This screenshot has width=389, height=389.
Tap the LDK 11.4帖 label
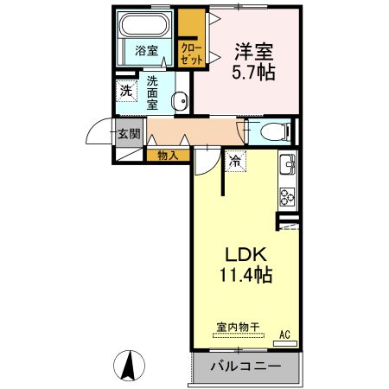(248, 265)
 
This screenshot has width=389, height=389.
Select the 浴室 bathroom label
(146, 51)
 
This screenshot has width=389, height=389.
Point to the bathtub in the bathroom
(146, 26)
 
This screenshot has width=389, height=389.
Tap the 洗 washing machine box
(125, 91)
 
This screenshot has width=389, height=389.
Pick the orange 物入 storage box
(168, 156)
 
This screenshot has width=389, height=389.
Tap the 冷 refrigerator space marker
(235, 160)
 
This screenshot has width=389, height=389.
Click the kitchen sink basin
(288, 164)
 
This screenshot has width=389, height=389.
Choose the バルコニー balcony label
(244, 367)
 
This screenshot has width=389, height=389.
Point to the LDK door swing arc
(205, 160)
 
